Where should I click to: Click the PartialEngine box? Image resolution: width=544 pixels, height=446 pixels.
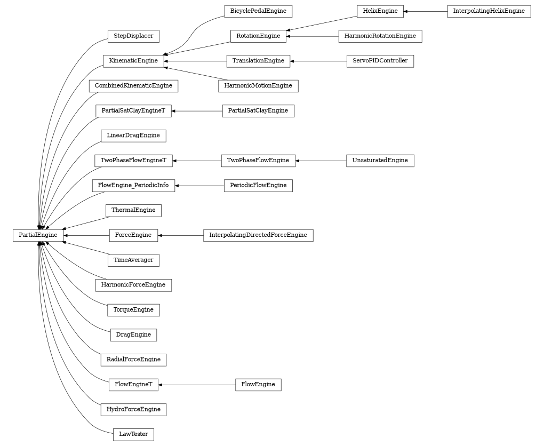[x=38, y=235]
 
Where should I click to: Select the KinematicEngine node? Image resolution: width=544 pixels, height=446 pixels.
[x=133, y=61]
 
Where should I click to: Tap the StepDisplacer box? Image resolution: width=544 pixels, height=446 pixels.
[x=133, y=36]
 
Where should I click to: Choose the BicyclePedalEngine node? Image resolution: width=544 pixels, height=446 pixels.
[x=258, y=11]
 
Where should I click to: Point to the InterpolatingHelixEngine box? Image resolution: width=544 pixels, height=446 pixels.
[x=489, y=11]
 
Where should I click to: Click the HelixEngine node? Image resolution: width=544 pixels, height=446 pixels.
[x=380, y=11]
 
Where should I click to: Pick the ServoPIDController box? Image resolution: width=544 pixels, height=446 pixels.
[x=380, y=61]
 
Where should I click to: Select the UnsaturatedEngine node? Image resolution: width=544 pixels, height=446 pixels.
[x=380, y=161]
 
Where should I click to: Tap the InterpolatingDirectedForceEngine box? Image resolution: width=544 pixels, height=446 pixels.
[x=258, y=235]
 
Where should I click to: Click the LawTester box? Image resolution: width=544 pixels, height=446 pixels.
[x=133, y=434]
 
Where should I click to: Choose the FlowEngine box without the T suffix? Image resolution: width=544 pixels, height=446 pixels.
[x=258, y=385]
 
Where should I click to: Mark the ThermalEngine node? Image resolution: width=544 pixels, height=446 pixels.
[x=133, y=210]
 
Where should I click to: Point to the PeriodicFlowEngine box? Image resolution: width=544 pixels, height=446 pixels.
[x=258, y=186]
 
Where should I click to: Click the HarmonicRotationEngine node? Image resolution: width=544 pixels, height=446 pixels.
[x=380, y=36]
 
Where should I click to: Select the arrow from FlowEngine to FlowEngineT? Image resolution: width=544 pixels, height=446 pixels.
[x=197, y=385]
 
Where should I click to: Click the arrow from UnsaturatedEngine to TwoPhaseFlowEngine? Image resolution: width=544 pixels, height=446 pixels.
[x=321, y=161]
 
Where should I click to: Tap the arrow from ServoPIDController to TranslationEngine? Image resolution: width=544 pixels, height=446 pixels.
[x=318, y=61]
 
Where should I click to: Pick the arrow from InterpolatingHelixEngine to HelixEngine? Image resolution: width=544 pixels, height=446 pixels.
[x=425, y=11]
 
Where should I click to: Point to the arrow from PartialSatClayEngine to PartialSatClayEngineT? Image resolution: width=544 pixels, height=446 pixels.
[x=197, y=111]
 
